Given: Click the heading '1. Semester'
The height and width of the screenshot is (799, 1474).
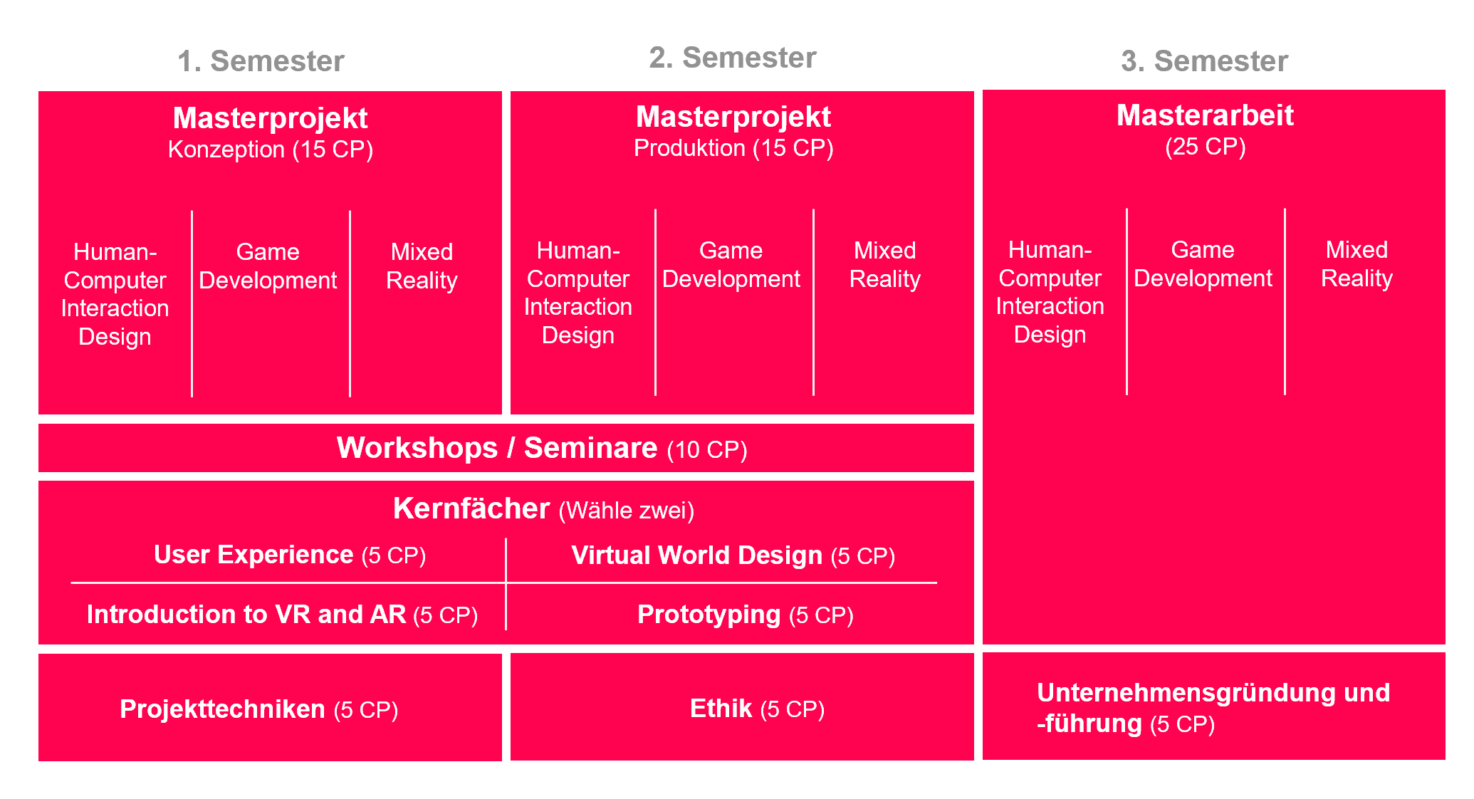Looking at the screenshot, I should pos(261,61).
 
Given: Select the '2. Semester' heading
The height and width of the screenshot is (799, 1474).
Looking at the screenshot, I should pos(732,58).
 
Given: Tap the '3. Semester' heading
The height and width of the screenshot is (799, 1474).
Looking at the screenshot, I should pos(1204,61).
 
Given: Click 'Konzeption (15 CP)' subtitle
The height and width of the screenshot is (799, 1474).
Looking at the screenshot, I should pos(270,150).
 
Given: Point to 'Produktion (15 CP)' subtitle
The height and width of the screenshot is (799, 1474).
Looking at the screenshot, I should pos(733,148).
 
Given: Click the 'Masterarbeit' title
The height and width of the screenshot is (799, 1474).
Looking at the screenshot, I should pos(1204,115).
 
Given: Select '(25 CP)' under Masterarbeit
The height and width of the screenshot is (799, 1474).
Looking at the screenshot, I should pos(1205,147).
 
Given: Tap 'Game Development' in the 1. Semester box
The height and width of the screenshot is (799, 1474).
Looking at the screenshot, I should pos(268,266).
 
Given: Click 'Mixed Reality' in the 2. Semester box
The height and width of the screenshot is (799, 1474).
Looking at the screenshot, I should pos(884,264).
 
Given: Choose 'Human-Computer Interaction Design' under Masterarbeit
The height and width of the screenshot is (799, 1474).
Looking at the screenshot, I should pos(1050,292).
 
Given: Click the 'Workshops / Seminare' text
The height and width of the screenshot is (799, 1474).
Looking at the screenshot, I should pos(497,448).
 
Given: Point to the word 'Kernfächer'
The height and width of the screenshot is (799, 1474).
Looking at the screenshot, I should pos(471,508).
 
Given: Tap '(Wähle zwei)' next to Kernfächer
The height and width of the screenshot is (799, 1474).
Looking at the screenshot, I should pos(626,511).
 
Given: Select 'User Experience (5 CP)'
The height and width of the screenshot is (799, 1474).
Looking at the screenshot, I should pos(289,555).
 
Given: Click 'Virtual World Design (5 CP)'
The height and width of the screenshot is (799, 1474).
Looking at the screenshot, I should pos(733,555).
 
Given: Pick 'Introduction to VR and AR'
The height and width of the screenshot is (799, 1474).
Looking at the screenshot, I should pos(246,615).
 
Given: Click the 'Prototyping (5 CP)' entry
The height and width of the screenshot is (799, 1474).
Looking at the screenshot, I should pos(745,615).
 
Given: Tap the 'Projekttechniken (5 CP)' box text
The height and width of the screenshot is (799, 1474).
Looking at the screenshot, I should pos(258,709).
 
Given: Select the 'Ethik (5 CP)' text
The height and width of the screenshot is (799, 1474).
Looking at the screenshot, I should pos(756,709).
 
